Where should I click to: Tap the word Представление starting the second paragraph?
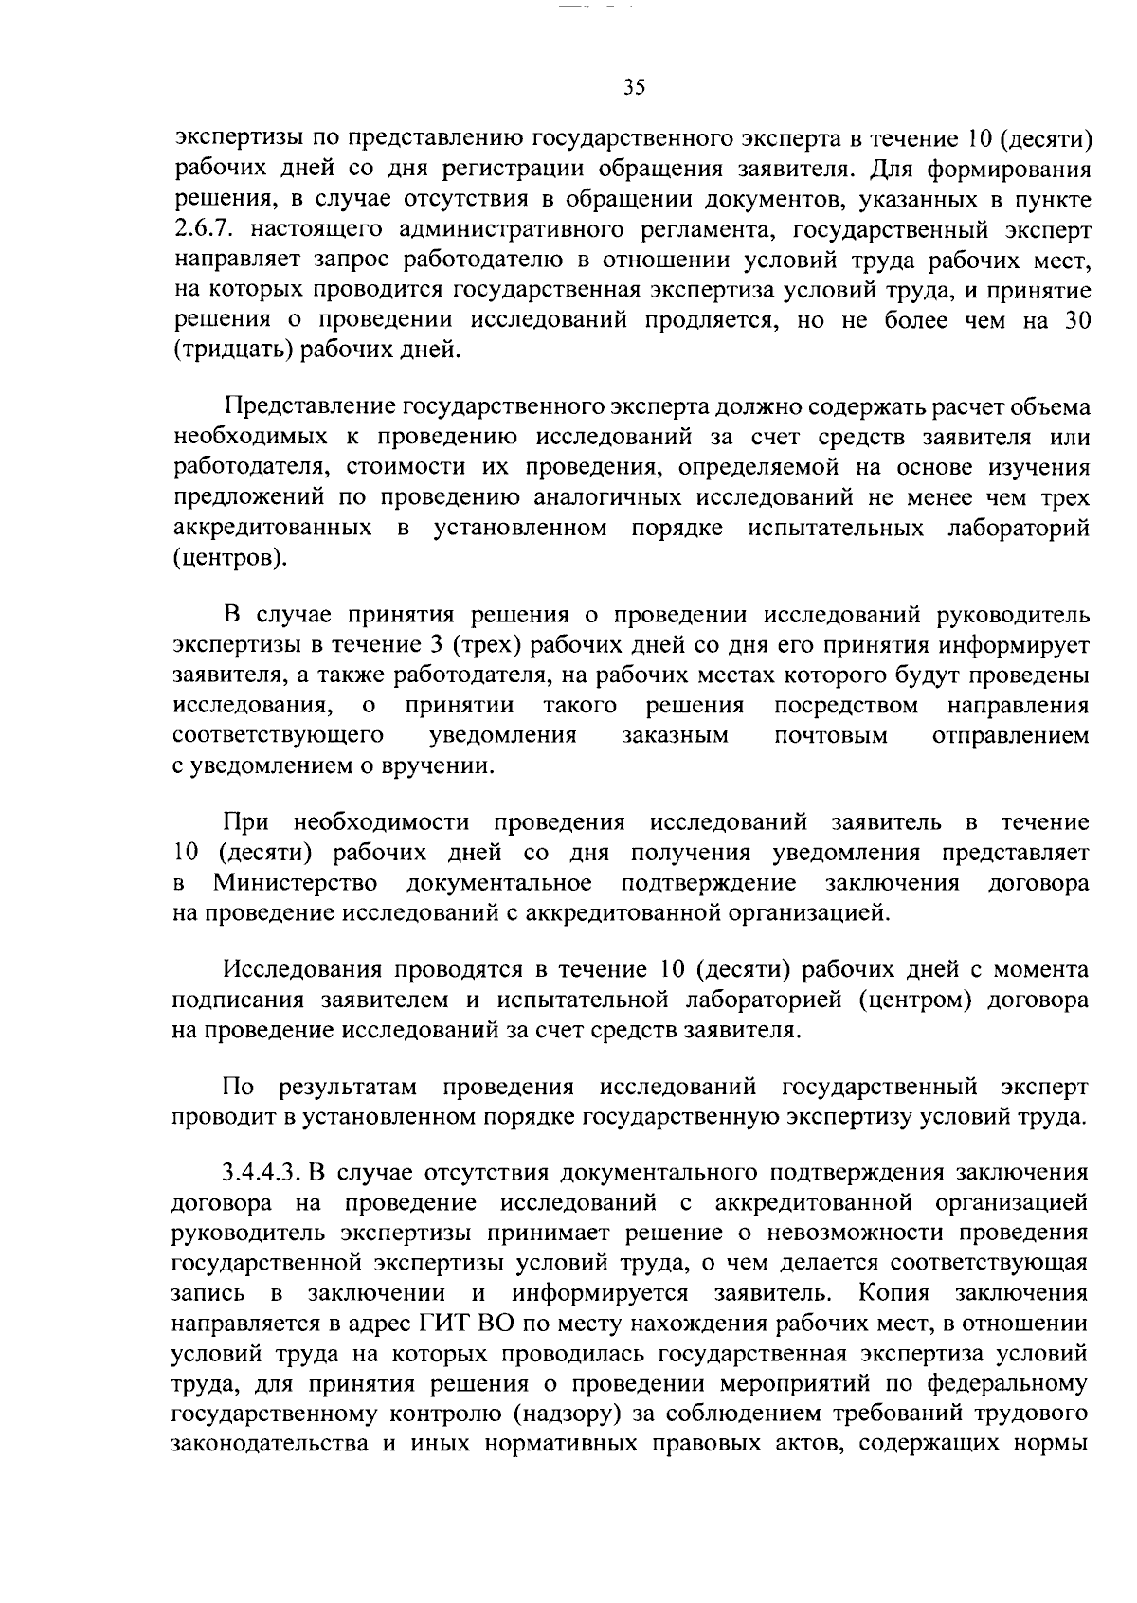pos(309,408)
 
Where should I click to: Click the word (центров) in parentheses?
pos(226,558)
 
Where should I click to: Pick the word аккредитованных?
pos(271,528)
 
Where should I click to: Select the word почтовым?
pos(830,735)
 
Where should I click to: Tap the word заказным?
pos(675,735)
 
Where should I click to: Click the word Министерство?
pos(296,884)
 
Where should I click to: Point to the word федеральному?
pos(1006,1384)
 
